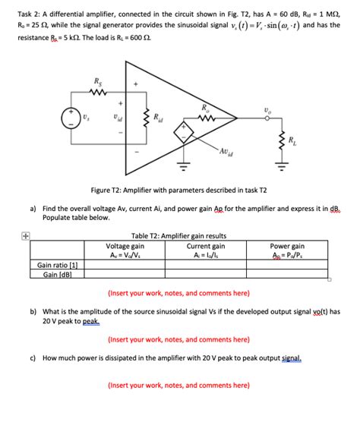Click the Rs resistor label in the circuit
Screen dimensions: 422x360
[x=96, y=80]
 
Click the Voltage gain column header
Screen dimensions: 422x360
[x=126, y=246]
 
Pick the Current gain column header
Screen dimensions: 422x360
[x=206, y=246]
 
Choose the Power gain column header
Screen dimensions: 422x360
[x=287, y=246]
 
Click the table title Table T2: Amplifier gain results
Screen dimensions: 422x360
[x=179, y=236]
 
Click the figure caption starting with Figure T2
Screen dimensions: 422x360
[x=178, y=190]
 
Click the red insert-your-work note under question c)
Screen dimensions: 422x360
[x=178, y=385]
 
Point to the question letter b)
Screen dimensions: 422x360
[x=33, y=311]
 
